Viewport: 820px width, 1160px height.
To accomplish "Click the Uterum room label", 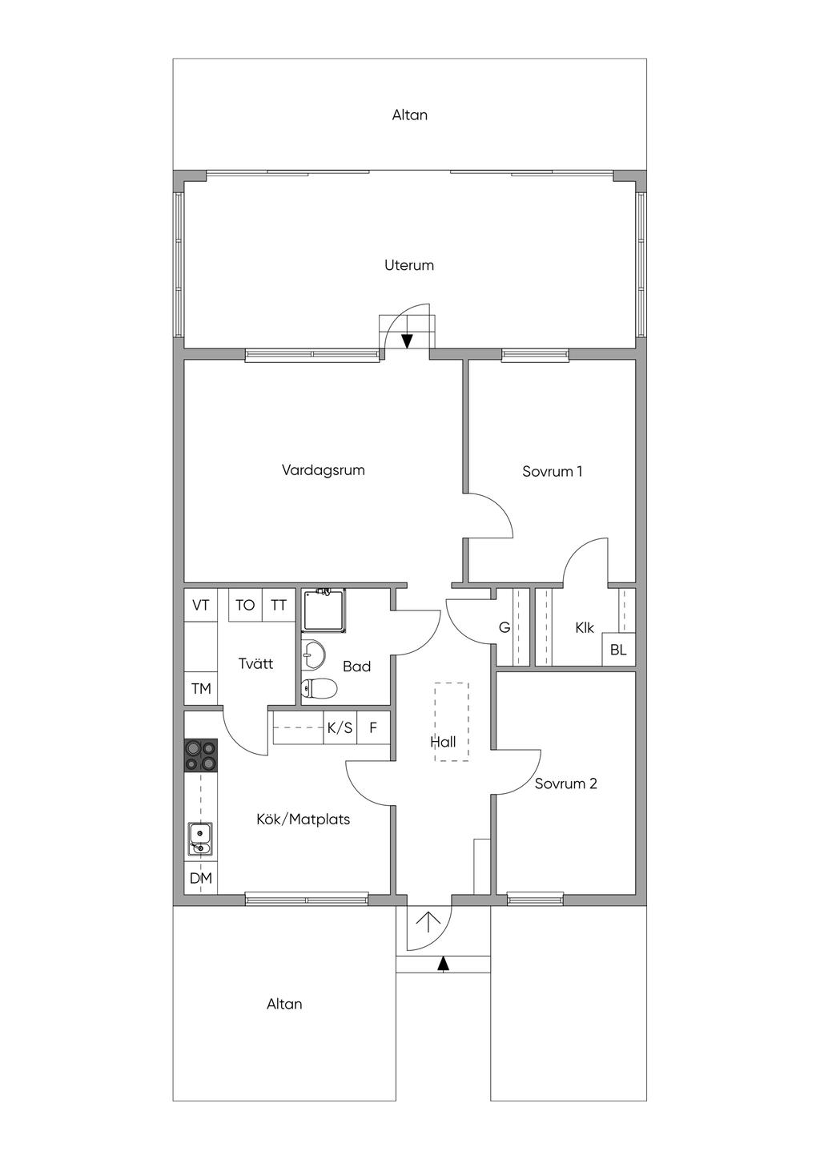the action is (409, 266).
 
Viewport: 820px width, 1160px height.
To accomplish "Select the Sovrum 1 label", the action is (552, 472).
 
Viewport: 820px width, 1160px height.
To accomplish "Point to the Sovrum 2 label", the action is (566, 783).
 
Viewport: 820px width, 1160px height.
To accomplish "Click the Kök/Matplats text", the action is (303, 820).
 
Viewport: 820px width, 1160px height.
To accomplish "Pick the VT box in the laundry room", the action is (201, 605).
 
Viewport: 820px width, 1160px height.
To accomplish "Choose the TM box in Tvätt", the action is (201, 688).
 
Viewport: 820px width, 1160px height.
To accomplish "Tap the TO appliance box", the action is (245, 605).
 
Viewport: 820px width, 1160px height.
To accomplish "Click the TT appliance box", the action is (279, 605).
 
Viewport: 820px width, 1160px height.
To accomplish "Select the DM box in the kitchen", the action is (201, 878).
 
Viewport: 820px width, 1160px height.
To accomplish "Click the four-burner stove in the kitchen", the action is (201, 755).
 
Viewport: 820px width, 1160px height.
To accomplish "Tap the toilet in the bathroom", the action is (320, 688).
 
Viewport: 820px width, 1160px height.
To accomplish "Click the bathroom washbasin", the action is (313, 655).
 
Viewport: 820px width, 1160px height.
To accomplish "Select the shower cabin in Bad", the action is (324, 610).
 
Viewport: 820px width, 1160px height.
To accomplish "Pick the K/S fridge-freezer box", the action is (340, 728).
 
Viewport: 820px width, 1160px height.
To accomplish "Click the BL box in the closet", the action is (619, 650).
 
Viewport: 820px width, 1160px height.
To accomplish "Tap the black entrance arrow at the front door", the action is (442, 963).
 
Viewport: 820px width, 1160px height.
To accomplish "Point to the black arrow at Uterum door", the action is (407, 341).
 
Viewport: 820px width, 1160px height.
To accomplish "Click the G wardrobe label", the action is (504, 627).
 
